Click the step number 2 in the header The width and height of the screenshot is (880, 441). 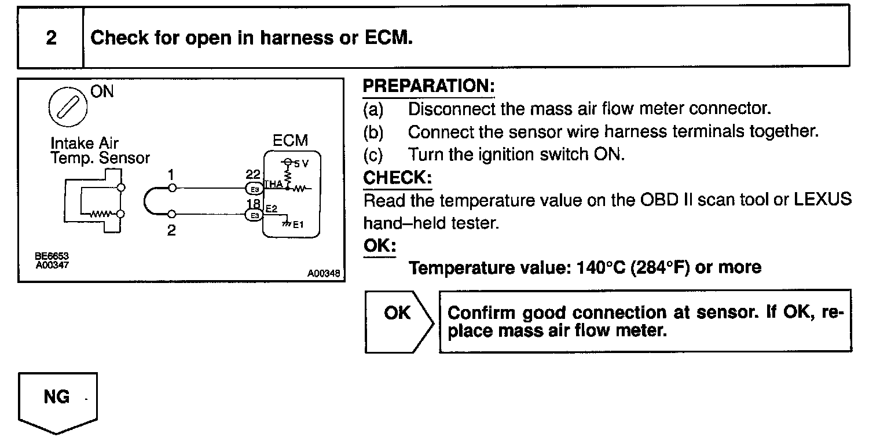pyautogui.click(x=52, y=39)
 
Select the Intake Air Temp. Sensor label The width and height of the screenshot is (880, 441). pyautogui.click(x=100, y=150)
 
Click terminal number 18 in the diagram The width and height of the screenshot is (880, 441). pyautogui.click(x=252, y=203)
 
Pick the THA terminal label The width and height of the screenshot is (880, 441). pyautogui.click(x=273, y=184)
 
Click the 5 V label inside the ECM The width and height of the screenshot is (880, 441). pyautogui.click(x=302, y=164)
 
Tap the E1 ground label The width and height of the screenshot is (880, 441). pyautogui.click(x=297, y=225)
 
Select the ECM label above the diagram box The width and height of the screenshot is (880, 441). pyautogui.click(x=291, y=141)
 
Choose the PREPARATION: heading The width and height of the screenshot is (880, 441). pyautogui.click(x=428, y=86)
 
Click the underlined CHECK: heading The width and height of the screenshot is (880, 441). pyautogui.click(x=397, y=178)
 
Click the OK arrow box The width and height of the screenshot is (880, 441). pyautogui.click(x=398, y=321)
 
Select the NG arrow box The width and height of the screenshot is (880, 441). pyautogui.click(x=57, y=402)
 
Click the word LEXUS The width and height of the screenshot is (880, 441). pyautogui.click(x=822, y=200)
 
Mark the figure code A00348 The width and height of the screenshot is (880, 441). pyautogui.click(x=324, y=274)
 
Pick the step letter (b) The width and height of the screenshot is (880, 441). pyautogui.click(x=373, y=132)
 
